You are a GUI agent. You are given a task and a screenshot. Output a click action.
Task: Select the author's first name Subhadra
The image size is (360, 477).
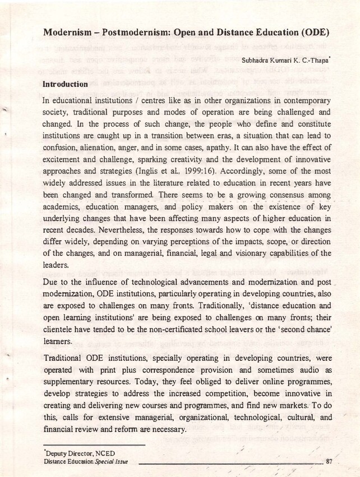click(255, 59)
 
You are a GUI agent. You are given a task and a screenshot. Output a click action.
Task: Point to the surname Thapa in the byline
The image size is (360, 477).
click(319, 59)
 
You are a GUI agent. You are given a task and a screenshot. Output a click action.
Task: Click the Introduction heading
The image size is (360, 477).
click(65, 84)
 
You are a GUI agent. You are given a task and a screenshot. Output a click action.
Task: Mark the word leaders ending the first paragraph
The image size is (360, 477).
click(56, 266)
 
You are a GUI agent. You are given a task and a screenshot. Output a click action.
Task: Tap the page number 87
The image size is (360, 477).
click(329, 461)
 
